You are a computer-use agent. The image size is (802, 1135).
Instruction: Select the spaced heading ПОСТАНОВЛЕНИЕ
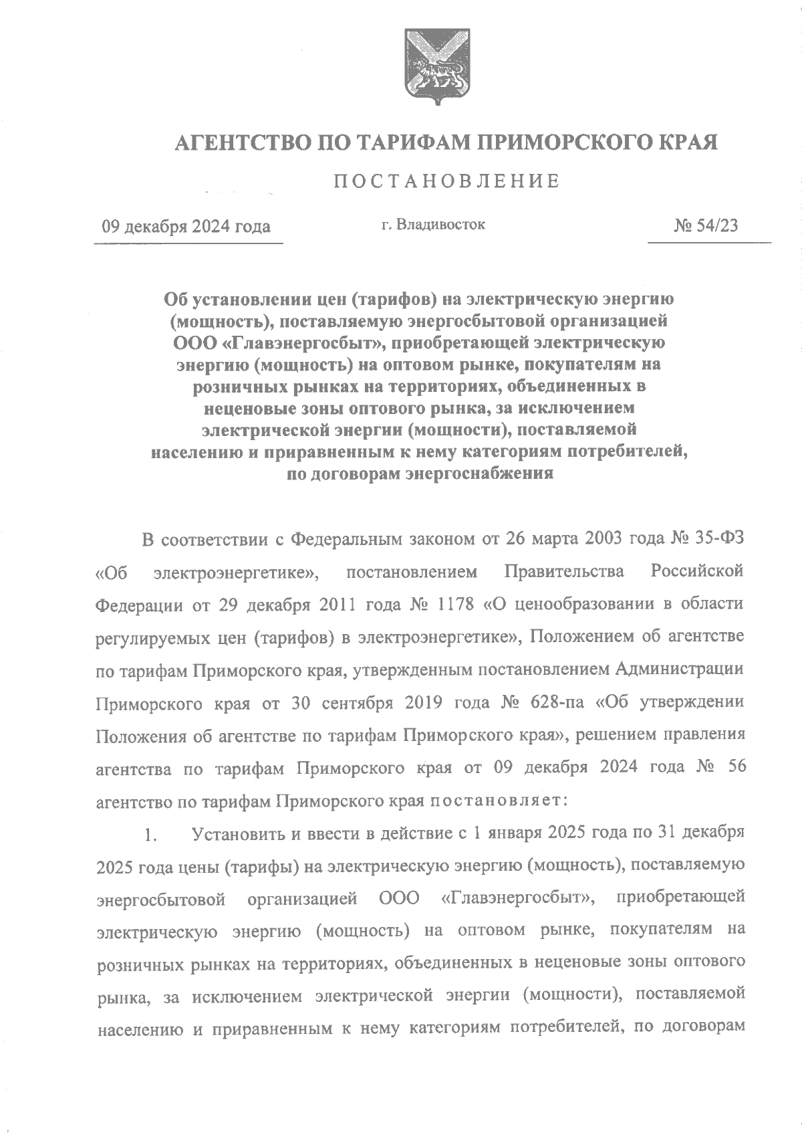[x=446, y=181]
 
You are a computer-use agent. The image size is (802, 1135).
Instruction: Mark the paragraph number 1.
[x=149, y=834]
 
